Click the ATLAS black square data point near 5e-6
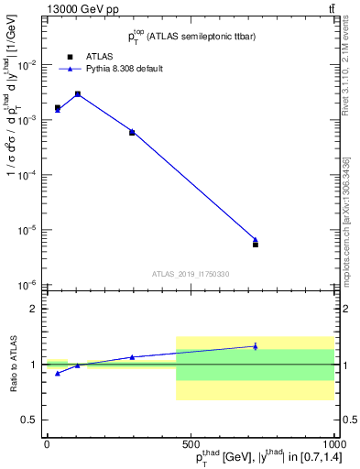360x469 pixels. pyautogui.click(x=256, y=245)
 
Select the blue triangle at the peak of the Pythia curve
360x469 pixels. pyautogui.click(x=78, y=93)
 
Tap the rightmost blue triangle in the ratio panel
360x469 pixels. pyautogui.click(x=256, y=346)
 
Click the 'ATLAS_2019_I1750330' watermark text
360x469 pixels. pyautogui.click(x=191, y=274)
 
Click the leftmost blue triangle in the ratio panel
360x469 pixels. pyautogui.click(x=58, y=373)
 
